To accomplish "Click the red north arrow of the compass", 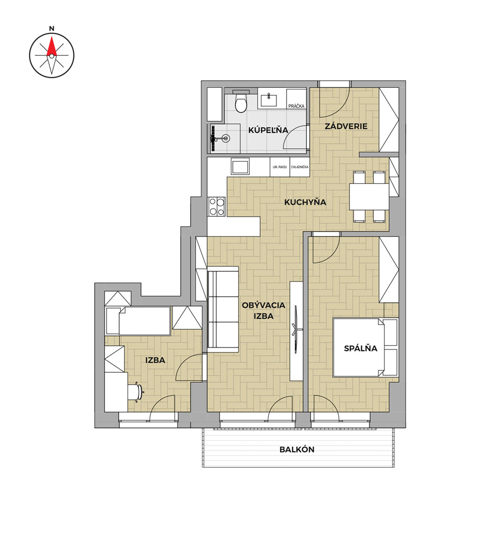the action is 51,47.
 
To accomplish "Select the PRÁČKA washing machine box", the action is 296,99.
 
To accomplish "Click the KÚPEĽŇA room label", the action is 268,130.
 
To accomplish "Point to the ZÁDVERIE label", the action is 346,126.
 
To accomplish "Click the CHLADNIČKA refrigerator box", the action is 300,167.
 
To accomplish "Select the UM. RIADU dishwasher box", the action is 280,167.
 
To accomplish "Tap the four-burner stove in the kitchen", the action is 217,207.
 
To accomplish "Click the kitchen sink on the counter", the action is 240,167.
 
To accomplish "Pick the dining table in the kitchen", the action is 369,197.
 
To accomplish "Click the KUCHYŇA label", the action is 305,202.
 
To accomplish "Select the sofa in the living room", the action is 223,309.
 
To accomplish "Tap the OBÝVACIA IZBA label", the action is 263,311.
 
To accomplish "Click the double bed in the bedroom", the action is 366,348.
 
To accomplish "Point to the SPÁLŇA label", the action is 361,348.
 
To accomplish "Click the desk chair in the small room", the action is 135,391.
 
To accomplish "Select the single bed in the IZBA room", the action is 138,321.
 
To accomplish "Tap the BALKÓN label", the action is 297,450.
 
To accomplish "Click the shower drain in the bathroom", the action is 225,139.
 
